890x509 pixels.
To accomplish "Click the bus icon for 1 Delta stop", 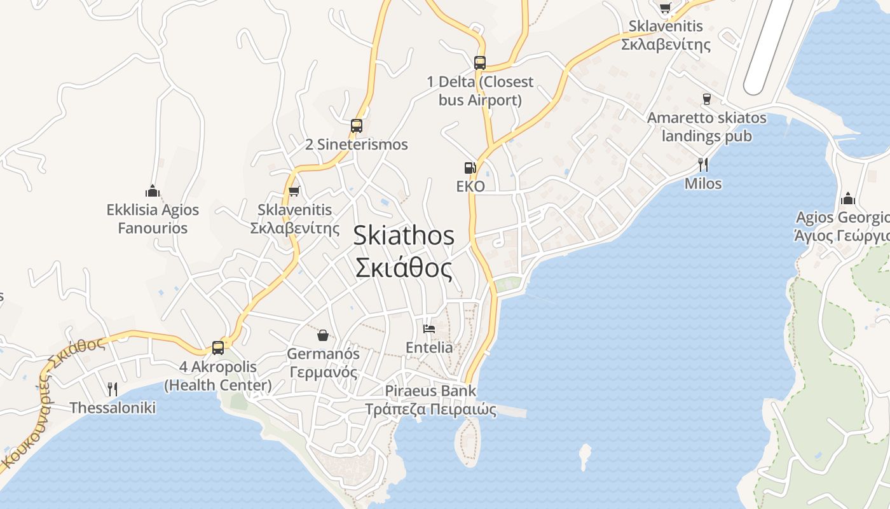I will click(x=480, y=63).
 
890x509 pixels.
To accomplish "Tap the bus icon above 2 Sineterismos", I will click(x=357, y=126).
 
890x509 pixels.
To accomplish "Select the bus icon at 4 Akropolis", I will click(x=218, y=348).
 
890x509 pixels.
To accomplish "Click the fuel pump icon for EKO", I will click(x=470, y=168).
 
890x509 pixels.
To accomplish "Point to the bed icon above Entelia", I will click(x=429, y=329).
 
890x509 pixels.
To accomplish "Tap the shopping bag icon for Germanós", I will click(x=323, y=335).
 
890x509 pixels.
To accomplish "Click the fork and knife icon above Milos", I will click(x=703, y=165).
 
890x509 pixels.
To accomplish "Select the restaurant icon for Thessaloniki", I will click(x=113, y=389).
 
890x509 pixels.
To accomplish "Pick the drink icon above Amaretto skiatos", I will click(x=706, y=99).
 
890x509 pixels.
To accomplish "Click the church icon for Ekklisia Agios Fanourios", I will click(x=152, y=191).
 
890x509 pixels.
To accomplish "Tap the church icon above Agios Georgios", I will click(x=847, y=199).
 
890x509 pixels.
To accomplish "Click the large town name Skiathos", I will click(x=404, y=235).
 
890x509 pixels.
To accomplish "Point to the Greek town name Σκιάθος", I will click(x=404, y=268).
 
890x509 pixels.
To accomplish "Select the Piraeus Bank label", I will click(x=430, y=391).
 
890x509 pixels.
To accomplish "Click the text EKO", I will click(x=470, y=186).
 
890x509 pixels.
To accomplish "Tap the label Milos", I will click(x=703, y=184).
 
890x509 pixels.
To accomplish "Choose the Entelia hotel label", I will click(x=429, y=347).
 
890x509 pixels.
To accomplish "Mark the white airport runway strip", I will click(x=770, y=45).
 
